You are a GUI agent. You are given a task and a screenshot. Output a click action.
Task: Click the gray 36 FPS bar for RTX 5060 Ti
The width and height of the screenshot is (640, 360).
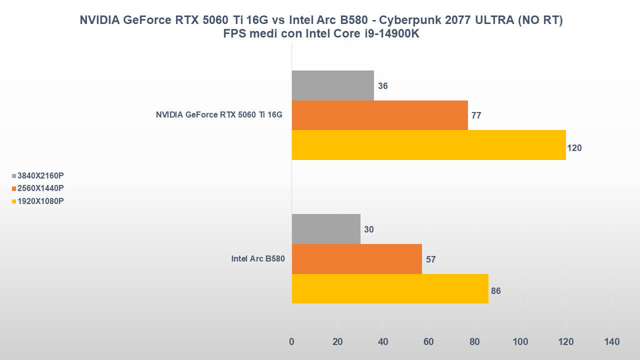point(332,85)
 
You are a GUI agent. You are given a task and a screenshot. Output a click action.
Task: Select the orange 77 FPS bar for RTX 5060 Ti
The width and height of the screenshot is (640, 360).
point(379,115)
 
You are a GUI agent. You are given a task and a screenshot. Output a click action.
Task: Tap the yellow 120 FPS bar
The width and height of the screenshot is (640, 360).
point(428,145)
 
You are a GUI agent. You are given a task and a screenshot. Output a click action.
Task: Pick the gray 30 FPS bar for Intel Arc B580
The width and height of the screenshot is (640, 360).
point(325,229)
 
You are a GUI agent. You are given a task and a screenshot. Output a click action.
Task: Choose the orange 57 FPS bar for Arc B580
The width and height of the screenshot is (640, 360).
point(356,259)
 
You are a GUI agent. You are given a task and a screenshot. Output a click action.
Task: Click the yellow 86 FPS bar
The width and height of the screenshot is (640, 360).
point(390,288)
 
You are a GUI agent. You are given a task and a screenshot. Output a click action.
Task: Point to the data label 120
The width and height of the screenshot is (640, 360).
point(574,148)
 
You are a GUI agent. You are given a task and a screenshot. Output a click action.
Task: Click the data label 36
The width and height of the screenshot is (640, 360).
point(383,86)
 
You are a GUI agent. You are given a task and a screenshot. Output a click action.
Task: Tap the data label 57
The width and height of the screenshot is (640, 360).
point(431,259)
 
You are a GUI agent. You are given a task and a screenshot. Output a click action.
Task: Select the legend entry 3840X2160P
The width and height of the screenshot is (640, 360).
point(40,175)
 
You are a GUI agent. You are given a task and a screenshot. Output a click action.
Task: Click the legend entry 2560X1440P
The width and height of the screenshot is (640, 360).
point(40,188)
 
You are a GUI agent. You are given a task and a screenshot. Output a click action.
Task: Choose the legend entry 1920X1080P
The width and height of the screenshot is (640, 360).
point(40,201)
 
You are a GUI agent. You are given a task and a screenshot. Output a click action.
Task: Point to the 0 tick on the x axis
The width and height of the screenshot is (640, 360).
point(292,342)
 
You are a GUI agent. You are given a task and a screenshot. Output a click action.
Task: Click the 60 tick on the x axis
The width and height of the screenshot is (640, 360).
point(428,342)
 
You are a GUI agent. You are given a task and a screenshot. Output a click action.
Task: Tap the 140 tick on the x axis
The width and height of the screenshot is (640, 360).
point(611,342)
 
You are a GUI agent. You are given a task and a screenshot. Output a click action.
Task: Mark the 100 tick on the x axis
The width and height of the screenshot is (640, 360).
point(520,342)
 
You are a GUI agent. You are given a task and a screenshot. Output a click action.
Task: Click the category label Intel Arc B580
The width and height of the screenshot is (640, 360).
point(257,259)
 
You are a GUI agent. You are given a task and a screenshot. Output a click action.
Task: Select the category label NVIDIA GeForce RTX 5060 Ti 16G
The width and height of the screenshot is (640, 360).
point(219,115)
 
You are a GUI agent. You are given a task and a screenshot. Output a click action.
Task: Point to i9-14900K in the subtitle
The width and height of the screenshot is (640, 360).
point(390,33)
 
